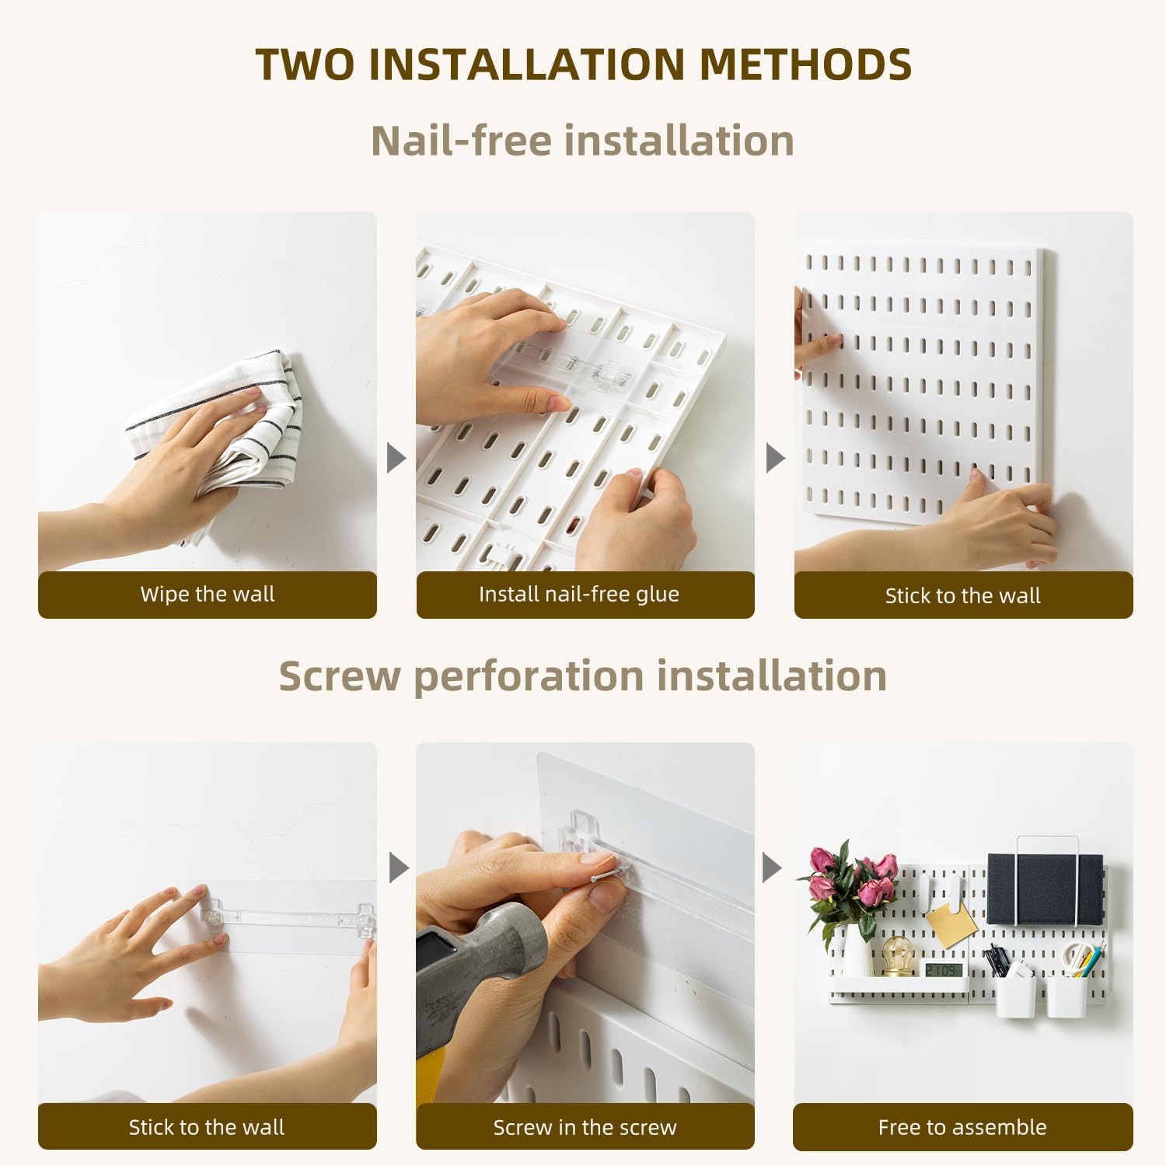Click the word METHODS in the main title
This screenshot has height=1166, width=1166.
[x=805, y=65]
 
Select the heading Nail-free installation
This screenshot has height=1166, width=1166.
[x=582, y=141]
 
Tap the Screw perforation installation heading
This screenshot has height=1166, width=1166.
[x=582, y=675]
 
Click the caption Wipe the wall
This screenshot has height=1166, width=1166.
[x=207, y=595]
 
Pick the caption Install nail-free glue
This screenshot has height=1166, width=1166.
[x=578, y=595]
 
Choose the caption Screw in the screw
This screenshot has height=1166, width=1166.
[x=585, y=1127]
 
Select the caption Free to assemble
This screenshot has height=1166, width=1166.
[x=962, y=1127]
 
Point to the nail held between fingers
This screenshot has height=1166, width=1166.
[x=603, y=877]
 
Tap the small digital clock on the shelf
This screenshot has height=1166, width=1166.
[x=943, y=969]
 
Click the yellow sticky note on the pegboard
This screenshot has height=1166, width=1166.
[x=951, y=923]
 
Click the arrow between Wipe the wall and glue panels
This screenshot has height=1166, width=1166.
[x=396, y=458]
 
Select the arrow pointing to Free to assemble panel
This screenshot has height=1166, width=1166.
[x=771, y=868]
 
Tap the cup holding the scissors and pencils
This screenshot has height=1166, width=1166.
[x=1067, y=995]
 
